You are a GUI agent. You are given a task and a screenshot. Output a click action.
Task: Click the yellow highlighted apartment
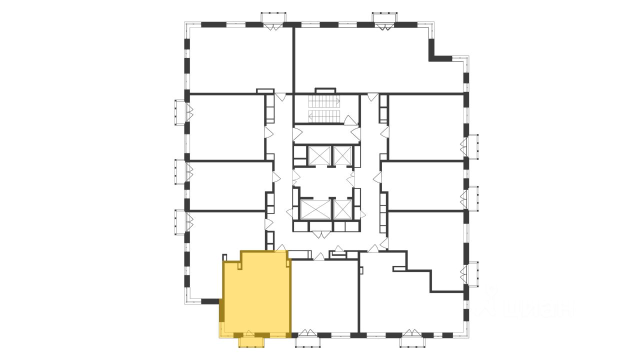256,295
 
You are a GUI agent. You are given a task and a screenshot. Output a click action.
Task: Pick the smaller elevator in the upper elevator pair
342,155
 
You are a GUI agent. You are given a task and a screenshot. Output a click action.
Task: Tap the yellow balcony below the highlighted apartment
251,342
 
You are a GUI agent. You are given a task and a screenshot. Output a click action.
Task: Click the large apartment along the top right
370,60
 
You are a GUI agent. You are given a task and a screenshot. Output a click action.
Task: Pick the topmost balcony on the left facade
180,112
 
